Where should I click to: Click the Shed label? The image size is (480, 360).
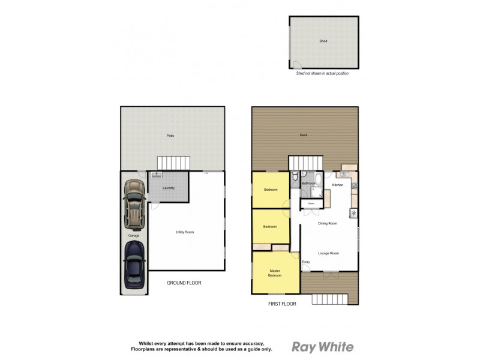click(323, 41)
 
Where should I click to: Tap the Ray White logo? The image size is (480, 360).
click(322, 347)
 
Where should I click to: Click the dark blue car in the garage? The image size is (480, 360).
click(134, 266)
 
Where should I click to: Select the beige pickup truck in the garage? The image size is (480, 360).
click(133, 205)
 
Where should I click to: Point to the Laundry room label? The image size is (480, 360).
click(168, 188)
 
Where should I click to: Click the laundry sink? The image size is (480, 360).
click(157, 175)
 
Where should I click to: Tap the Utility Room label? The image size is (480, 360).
click(184, 232)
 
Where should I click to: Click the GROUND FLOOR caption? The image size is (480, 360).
click(184, 283)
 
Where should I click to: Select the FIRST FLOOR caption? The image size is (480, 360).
click(282, 304)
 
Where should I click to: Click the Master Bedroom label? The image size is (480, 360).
click(275, 273)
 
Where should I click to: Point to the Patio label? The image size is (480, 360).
click(170, 136)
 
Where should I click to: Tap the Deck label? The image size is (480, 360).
click(304, 135)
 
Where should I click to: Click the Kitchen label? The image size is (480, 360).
click(338, 185)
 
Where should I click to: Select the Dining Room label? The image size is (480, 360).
click(328, 223)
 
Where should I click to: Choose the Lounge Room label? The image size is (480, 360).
click(328, 253)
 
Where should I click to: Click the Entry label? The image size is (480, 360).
click(306, 262)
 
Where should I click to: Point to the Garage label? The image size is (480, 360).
click(133, 236)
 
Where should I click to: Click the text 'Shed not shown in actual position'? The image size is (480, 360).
click(322, 73)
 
